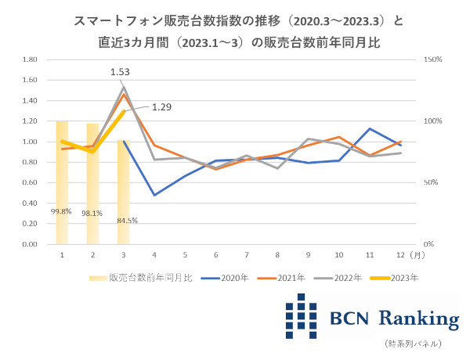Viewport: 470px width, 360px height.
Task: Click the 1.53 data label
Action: click(120, 72)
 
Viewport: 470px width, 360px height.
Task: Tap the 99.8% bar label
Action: click(61, 211)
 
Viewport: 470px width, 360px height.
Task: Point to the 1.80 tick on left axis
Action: click(31, 59)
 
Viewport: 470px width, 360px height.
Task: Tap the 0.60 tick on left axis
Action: click(31, 182)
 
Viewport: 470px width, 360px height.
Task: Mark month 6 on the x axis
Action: click(215, 254)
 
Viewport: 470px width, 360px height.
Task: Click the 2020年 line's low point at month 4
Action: click(154, 195)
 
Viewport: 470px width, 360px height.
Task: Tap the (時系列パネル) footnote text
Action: click(414, 344)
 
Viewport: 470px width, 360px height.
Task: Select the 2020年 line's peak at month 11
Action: click(370, 128)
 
